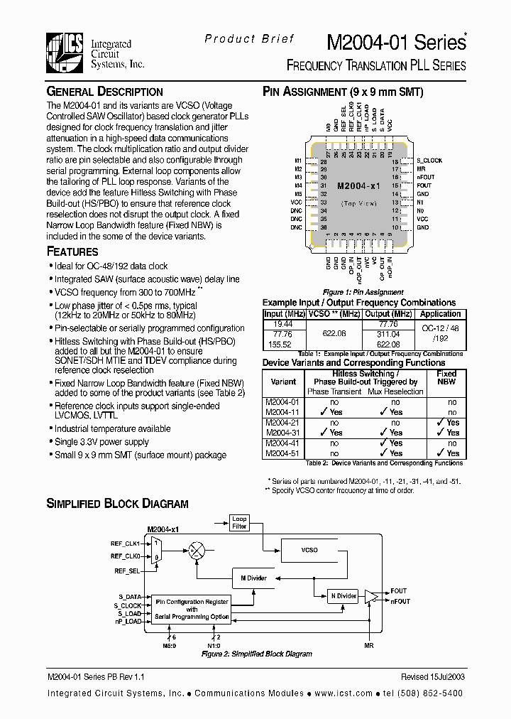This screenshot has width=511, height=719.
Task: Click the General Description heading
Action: coord(104,92)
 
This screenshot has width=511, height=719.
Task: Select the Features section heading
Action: coord(72,252)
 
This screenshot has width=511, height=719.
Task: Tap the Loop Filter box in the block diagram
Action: coord(239,524)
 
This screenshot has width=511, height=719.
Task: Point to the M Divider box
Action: coord(253,578)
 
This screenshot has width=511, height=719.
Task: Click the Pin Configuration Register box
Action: coord(192,609)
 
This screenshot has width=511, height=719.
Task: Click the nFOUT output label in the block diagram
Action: coord(400,601)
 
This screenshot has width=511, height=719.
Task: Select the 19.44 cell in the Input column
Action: coord(273,323)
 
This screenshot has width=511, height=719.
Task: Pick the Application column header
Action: coord(440,314)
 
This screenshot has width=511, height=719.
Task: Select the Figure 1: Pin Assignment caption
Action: coord(363,292)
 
